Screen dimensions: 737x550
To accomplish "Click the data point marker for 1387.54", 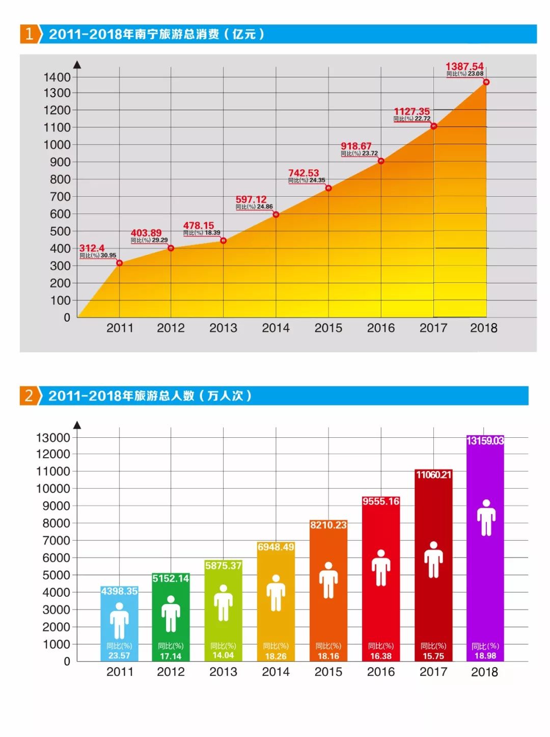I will point(486,82).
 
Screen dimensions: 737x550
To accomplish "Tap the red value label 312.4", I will point(92,248).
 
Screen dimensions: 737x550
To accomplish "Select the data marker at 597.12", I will point(276,215).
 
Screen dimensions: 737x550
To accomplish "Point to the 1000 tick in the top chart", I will point(57,145).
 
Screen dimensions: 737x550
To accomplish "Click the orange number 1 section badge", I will point(29,34).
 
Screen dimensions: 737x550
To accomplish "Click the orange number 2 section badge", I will point(29,396).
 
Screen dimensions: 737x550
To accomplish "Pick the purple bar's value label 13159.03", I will point(485,441).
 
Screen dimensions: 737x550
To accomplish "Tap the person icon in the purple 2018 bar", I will point(486,518).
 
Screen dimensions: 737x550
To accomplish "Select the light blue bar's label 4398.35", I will point(119,591).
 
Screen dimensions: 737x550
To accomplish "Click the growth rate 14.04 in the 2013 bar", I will point(223,655).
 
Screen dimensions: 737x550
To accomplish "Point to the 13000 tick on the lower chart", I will point(53,438).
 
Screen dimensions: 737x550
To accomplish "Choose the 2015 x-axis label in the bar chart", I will point(328,672).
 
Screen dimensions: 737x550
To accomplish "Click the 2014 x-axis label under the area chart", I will point(276,328).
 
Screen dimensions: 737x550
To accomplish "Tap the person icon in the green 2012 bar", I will point(171,614).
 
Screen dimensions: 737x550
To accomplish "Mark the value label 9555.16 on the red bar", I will point(381,502).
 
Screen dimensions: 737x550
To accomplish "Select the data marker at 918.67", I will point(381,161).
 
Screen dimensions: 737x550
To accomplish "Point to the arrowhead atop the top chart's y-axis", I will point(77,65).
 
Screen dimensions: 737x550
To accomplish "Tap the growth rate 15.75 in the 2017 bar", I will point(433,656).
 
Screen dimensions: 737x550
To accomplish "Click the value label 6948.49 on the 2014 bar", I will point(276,547).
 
